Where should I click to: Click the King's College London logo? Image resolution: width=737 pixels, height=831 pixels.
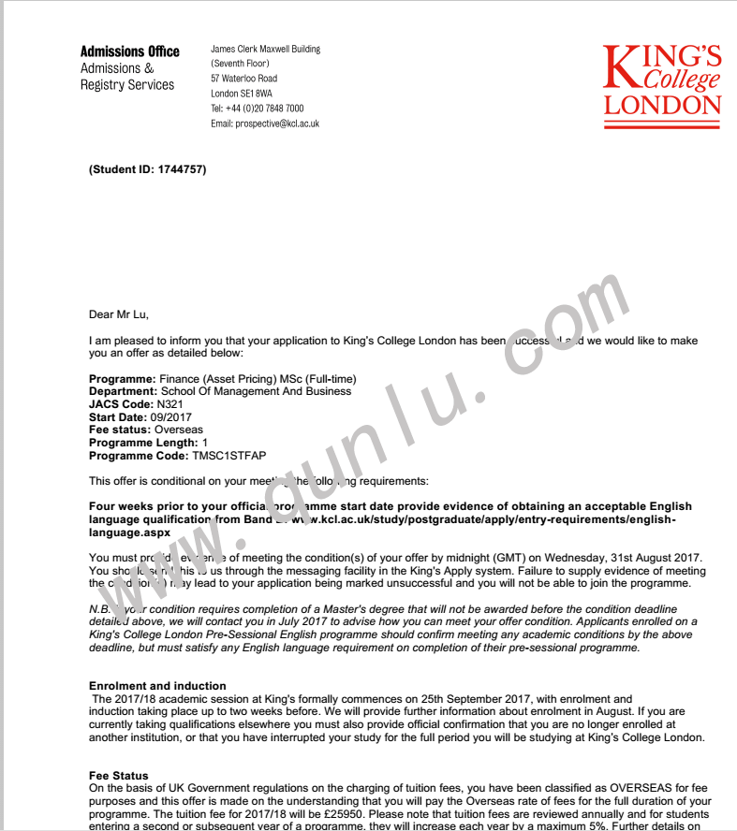click(662, 80)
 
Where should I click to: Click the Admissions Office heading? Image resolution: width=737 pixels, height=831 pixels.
click(129, 51)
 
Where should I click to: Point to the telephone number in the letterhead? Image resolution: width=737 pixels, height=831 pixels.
click(265, 109)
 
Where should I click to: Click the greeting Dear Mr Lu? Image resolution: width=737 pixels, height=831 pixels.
click(118, 314)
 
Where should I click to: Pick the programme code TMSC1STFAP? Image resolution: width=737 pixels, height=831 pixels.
click(228, 456)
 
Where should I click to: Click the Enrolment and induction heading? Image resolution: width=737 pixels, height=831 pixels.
click(157, 686)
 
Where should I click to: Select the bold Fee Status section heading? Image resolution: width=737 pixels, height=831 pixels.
click(118, 776)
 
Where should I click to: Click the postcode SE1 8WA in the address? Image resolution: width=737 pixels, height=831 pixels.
click(256, 94)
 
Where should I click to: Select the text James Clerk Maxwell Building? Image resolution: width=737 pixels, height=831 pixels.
click(265, 49)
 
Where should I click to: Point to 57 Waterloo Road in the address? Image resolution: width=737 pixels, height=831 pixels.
click(243, 79)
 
